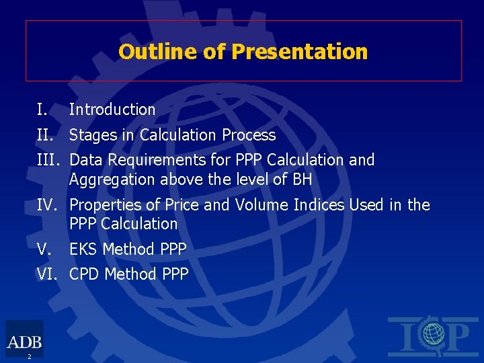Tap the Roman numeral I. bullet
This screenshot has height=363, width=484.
[42, 109]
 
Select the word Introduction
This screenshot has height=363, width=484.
[112, 109]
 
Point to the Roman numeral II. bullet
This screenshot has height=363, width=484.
[45, 135]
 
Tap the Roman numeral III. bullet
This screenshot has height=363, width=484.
[48, 160]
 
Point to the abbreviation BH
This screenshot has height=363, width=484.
[302, 179]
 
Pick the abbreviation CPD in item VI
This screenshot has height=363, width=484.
[85, 274]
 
